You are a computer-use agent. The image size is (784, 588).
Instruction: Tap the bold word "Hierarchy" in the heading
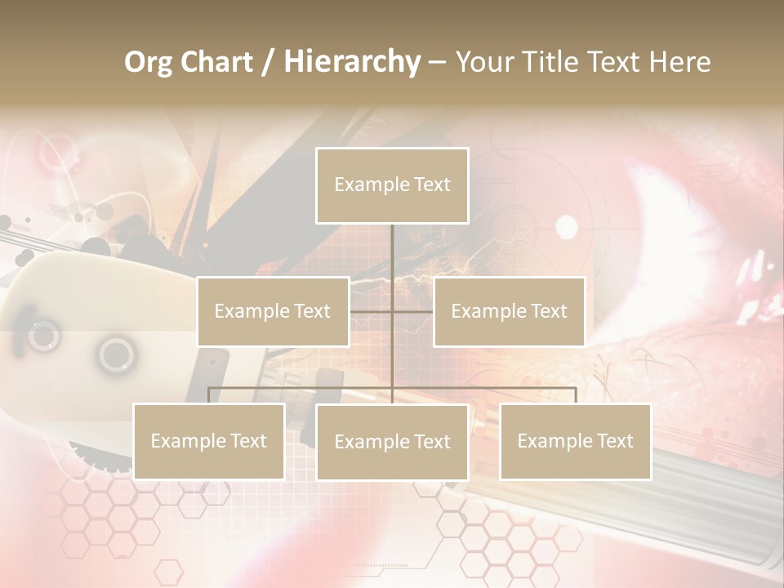point(352,62)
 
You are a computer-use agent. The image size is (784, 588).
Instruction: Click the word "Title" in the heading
point(554,62)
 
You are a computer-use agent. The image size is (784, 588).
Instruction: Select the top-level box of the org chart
point(392,185)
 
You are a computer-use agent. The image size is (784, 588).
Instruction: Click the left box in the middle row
point(273,311)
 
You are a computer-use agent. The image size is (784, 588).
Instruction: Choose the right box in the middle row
point(509,311)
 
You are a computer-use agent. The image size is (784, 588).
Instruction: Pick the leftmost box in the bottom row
point(208,441)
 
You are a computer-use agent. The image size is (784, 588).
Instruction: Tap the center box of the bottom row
point(392,442)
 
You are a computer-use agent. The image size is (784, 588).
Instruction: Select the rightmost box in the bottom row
point(575,441)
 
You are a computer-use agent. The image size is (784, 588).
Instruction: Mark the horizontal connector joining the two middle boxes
point(412,311)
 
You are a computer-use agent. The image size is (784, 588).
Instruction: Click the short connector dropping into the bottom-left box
point(208,395)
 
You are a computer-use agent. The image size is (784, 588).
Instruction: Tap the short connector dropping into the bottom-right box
point(576,395)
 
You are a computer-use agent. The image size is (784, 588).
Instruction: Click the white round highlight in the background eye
point(566,226)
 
